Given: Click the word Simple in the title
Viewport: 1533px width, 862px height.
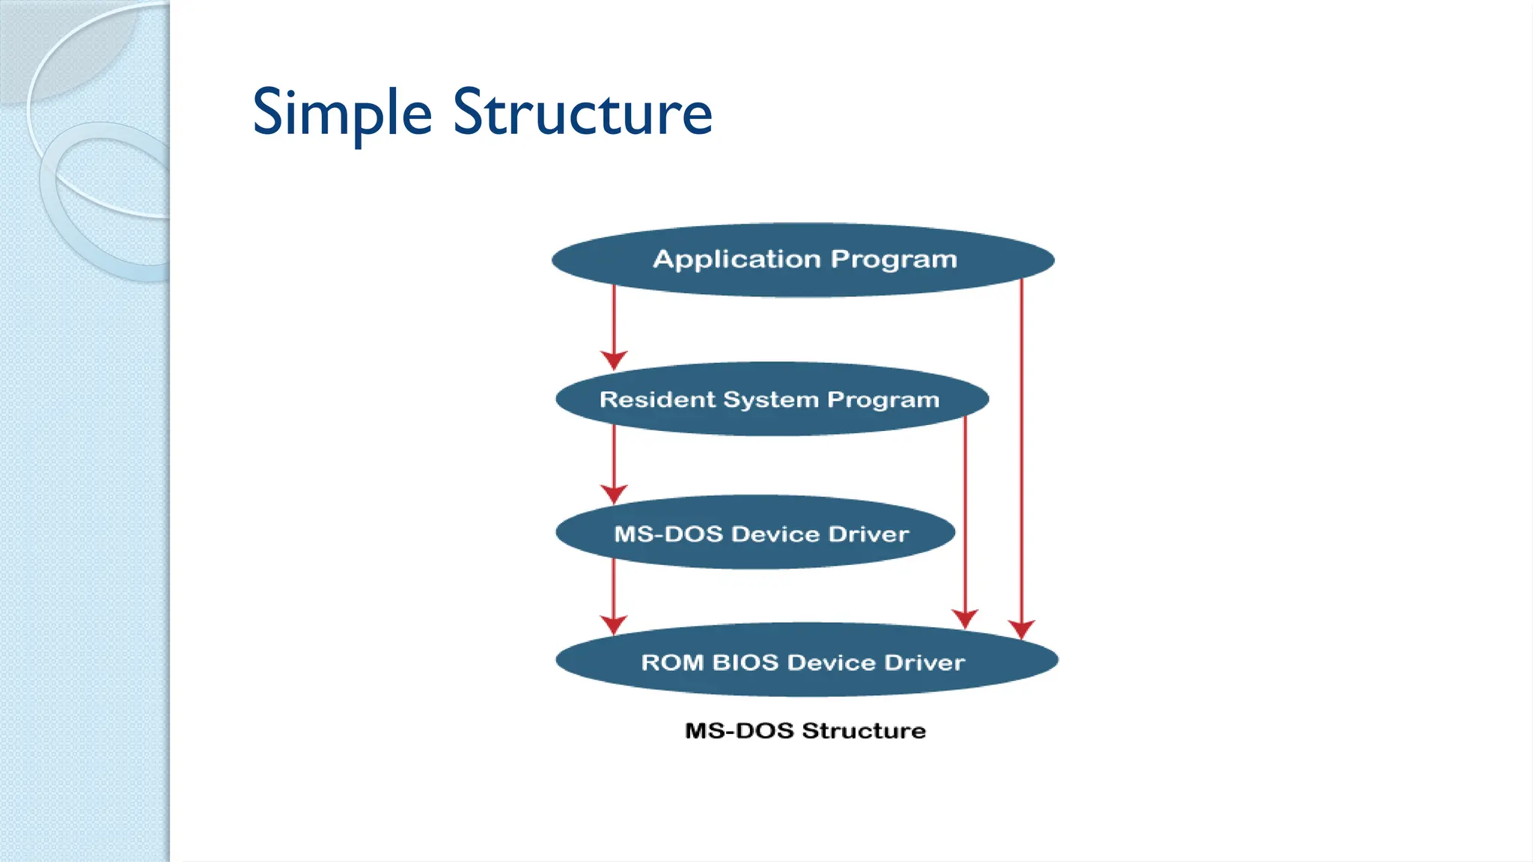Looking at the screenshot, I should tap(342, 114).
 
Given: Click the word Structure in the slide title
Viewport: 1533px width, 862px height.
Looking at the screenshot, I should tap(582, 114).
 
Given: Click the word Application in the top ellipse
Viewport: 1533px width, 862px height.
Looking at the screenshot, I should tap(737, 259).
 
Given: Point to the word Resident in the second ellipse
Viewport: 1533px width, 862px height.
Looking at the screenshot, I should tap(657, 400).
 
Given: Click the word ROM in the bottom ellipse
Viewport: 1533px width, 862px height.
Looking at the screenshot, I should tap(671, 662).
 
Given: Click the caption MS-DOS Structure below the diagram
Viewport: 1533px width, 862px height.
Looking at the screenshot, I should tap(805, 730).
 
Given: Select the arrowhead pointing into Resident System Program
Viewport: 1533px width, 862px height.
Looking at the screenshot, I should tap(614, 361).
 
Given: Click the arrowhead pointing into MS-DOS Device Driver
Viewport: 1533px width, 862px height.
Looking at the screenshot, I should tap(614, 494).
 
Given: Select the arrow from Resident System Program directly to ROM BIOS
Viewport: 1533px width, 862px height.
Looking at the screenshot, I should tap(965, 524).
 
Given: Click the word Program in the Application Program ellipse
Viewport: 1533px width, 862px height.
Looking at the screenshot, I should tap(894, 259).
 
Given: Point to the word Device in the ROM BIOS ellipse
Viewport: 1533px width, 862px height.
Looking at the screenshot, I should tap(831, 662).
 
